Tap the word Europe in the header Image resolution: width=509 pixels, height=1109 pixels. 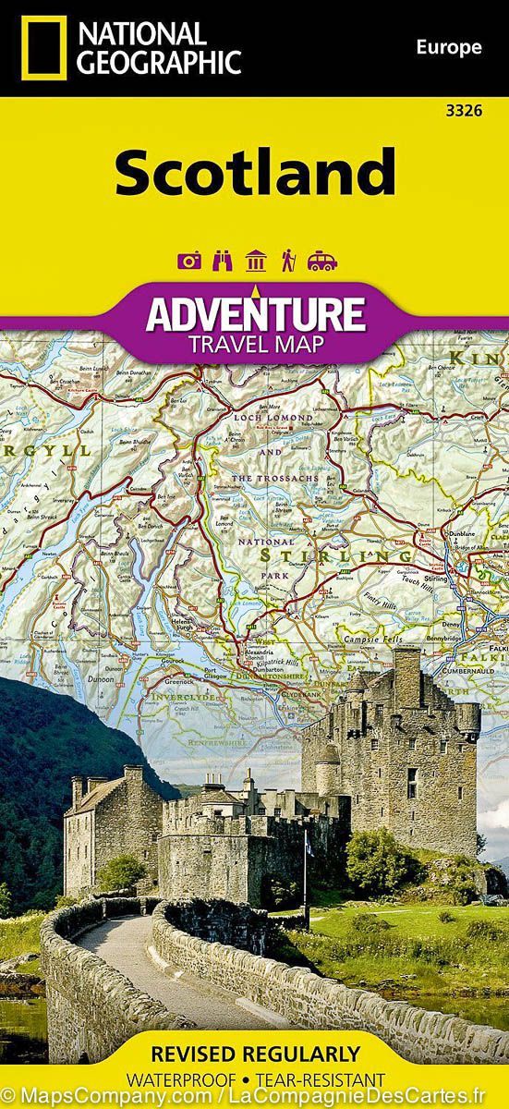[449, 47]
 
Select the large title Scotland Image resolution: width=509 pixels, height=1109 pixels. [255, 173]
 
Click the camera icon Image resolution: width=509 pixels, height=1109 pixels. [190, 262]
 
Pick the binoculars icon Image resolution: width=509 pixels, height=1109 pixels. [223, 262]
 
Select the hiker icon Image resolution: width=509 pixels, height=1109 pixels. [288, 262]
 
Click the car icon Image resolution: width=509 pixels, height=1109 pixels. [322, 262]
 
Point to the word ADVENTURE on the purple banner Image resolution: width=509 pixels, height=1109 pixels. [255, 312]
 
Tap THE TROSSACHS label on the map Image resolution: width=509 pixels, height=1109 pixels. [273, 478]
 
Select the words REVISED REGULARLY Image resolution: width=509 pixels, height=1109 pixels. [254, 1054]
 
